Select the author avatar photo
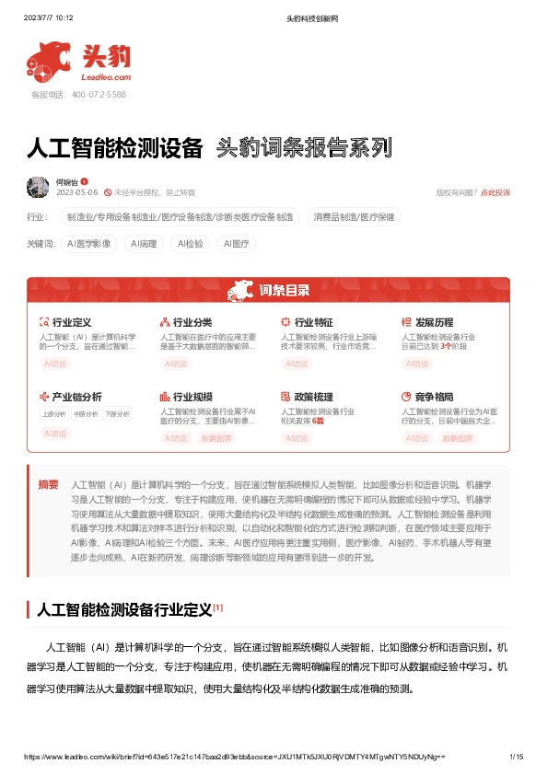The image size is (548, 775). pyautogui.click(x=39, y=187)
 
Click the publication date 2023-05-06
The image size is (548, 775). pyautogui.click(x=76, y=192)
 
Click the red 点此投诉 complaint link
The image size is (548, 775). pyautogui.click(x=495, y=192)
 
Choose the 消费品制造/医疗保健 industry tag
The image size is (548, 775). pyautogui.click(x=354, y=217)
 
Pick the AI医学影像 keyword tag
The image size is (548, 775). pyautogui.click(x=89, y=244)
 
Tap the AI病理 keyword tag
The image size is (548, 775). pyautogui.click(x=144, y=244)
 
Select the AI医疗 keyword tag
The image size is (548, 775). pyautogui.click(x=235, y=244)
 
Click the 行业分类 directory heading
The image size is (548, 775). pyautogui.click(x=192, y=322)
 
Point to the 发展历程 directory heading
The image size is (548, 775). pyautogui.click(x=434, y=322)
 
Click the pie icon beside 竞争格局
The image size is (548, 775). pyautogui.click(x=406, y=397)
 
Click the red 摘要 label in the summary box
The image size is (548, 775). pyautogui.click(x=48, y=484)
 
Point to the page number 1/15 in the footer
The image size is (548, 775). pyautogui.click(x=517, y=757)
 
